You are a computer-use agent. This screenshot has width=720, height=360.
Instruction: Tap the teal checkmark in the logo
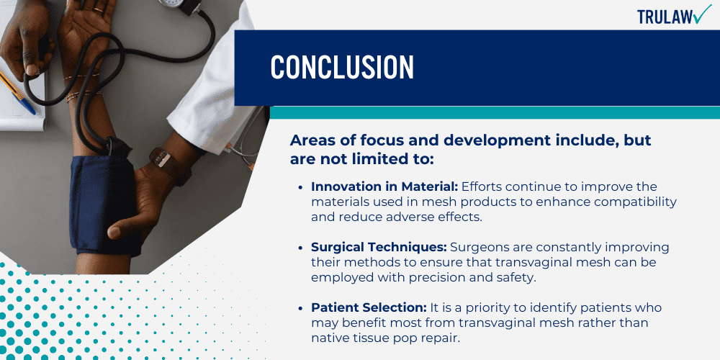(x=702, y=14)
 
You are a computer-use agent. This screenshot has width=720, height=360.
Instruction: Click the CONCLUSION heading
(x=342, y=67)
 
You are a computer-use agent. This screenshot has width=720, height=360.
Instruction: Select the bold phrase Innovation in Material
(x=384, y=187)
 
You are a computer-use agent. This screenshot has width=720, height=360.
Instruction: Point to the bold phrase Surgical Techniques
(x=379, y=247)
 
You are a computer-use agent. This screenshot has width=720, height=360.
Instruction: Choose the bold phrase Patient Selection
(x=369, y=307)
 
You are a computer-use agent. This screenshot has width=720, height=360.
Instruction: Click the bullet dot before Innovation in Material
(x=301, y=188)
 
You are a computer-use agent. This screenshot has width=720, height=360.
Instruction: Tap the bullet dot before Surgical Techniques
(x=301, y=248)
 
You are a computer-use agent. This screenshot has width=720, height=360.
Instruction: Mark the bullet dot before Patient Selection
(x=301, y=308)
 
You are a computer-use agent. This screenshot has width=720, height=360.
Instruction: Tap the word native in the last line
(x=330, y=338)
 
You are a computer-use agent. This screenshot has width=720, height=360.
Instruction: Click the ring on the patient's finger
(x=98, y=9)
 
